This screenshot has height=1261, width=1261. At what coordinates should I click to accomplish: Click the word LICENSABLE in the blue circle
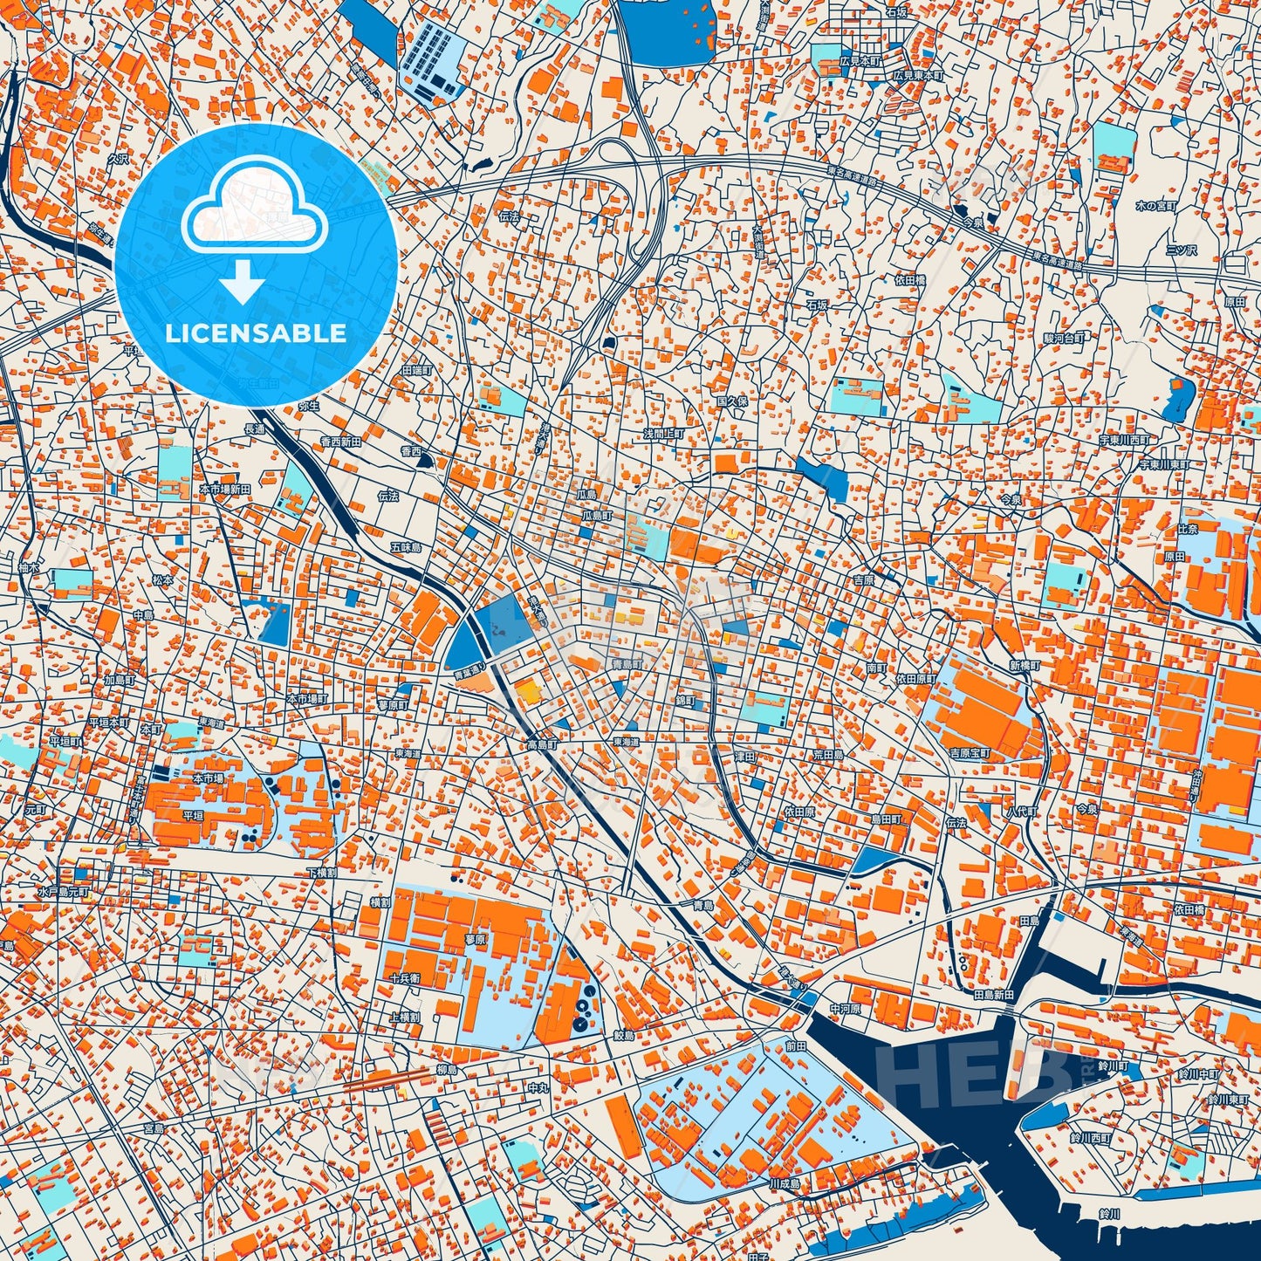[255, 333]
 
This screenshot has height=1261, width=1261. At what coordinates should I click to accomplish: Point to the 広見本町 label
[860, 62]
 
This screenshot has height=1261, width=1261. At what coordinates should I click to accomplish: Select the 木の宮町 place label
[1156, 206]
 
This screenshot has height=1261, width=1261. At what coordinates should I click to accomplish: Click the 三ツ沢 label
[1182, 250]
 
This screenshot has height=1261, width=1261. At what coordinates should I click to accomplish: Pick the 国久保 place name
[732, 401]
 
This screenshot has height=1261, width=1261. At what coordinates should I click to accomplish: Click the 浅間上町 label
[663, 434]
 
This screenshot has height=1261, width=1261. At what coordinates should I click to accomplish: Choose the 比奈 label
[1187, 529]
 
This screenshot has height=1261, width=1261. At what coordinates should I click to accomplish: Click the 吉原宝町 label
[970, 752]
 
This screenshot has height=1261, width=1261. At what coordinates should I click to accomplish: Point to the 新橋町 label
[1025, 665]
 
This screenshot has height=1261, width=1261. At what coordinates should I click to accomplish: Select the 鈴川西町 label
[1091, 1138]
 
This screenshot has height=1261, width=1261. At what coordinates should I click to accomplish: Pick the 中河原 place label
[845, 1008]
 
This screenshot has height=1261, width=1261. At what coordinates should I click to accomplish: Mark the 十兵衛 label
[405, 978]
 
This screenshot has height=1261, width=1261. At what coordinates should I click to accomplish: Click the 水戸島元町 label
[64, 893]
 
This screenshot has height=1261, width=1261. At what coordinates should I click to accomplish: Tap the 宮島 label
[154, 1128]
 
